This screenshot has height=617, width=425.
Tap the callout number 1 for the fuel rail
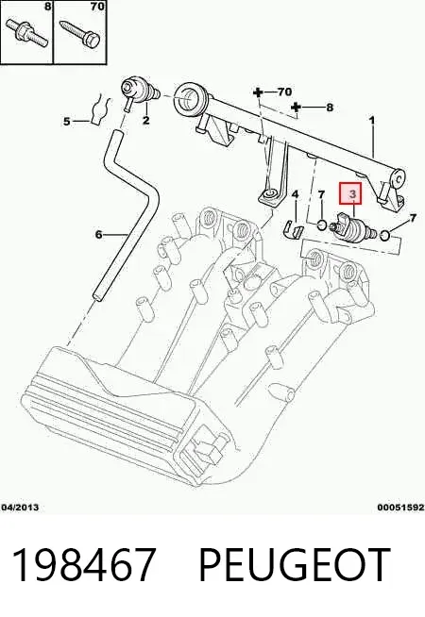pos(371,120)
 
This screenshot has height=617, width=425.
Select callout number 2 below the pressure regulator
pos(146,120)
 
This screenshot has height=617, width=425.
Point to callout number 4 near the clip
pos(295,194)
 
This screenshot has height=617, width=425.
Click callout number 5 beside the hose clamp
pos(66,121)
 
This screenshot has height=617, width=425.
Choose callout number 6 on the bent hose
pos(98,235)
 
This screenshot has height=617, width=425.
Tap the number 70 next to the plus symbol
pos(284,92)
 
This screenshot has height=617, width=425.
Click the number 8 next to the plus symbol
pos(330,107)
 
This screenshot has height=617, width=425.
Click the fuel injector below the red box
pos(353,229)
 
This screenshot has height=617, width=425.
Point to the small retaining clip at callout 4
pos(293,229)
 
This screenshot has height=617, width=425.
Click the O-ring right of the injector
pos(384,236)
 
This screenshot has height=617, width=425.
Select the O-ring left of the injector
pos(322,225)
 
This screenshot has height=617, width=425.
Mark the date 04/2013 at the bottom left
pos(20,508)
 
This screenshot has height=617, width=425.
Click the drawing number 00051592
pos(401,508)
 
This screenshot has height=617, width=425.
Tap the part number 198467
pos(83,565)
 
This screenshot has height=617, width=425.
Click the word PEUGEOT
pos(295,565)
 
